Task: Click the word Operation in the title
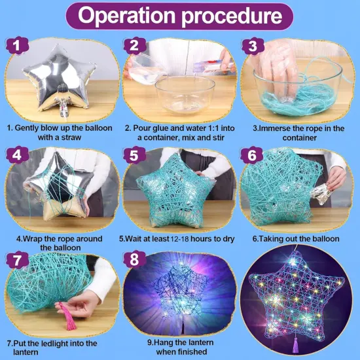coord(128,16)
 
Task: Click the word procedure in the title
coord(232,16)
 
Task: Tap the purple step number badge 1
coord(17,45)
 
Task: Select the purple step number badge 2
coord(135,45)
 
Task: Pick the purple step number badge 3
coord(253,46)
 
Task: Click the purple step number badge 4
coord(17,155)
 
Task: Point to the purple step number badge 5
coord(134,155)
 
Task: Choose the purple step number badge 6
coord(251,155)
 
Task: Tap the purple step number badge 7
coord(17,260)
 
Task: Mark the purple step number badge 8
coord(134,259)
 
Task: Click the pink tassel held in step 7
coord(67,317)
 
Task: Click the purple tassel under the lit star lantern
coord(295,345)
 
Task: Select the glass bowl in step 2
coord(185,95)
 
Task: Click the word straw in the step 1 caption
coord(71,137)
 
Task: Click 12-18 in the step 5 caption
coord(179,239)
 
